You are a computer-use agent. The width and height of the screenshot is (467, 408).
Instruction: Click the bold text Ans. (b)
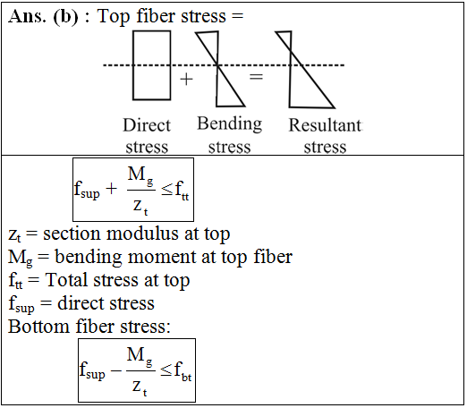pyautogui.click(x=43, y=16)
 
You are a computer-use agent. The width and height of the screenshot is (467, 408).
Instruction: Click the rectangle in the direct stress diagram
pyautogui.click(x=133, y=65)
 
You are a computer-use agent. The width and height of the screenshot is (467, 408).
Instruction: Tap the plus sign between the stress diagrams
pyautogui.click(x=186, y=80)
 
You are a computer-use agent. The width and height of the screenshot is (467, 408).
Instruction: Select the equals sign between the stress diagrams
pyautogui.click(x=256, y=77)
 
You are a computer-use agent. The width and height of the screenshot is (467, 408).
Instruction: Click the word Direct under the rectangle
pyautogui.click(x=147, y=125)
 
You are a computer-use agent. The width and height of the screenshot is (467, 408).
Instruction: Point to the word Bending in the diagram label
pyautogui.click(x=230, y=124)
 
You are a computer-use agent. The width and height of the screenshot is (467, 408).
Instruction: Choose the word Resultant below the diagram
pyautogui.click(x=326, y=125)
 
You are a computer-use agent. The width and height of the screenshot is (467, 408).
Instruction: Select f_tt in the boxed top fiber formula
pyautogui.click(x=182, y=191)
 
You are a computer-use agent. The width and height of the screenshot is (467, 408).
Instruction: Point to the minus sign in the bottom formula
pyautogui.click(x=116, y=370)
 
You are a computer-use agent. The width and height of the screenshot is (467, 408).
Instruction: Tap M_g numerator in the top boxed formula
pyautogui.click(x=140, y=175)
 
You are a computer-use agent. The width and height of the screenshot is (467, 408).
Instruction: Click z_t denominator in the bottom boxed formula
pyautogui.click(x=140, y=387)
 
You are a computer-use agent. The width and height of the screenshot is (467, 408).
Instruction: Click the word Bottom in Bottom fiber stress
pyautogui.click(x=38, y=327)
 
